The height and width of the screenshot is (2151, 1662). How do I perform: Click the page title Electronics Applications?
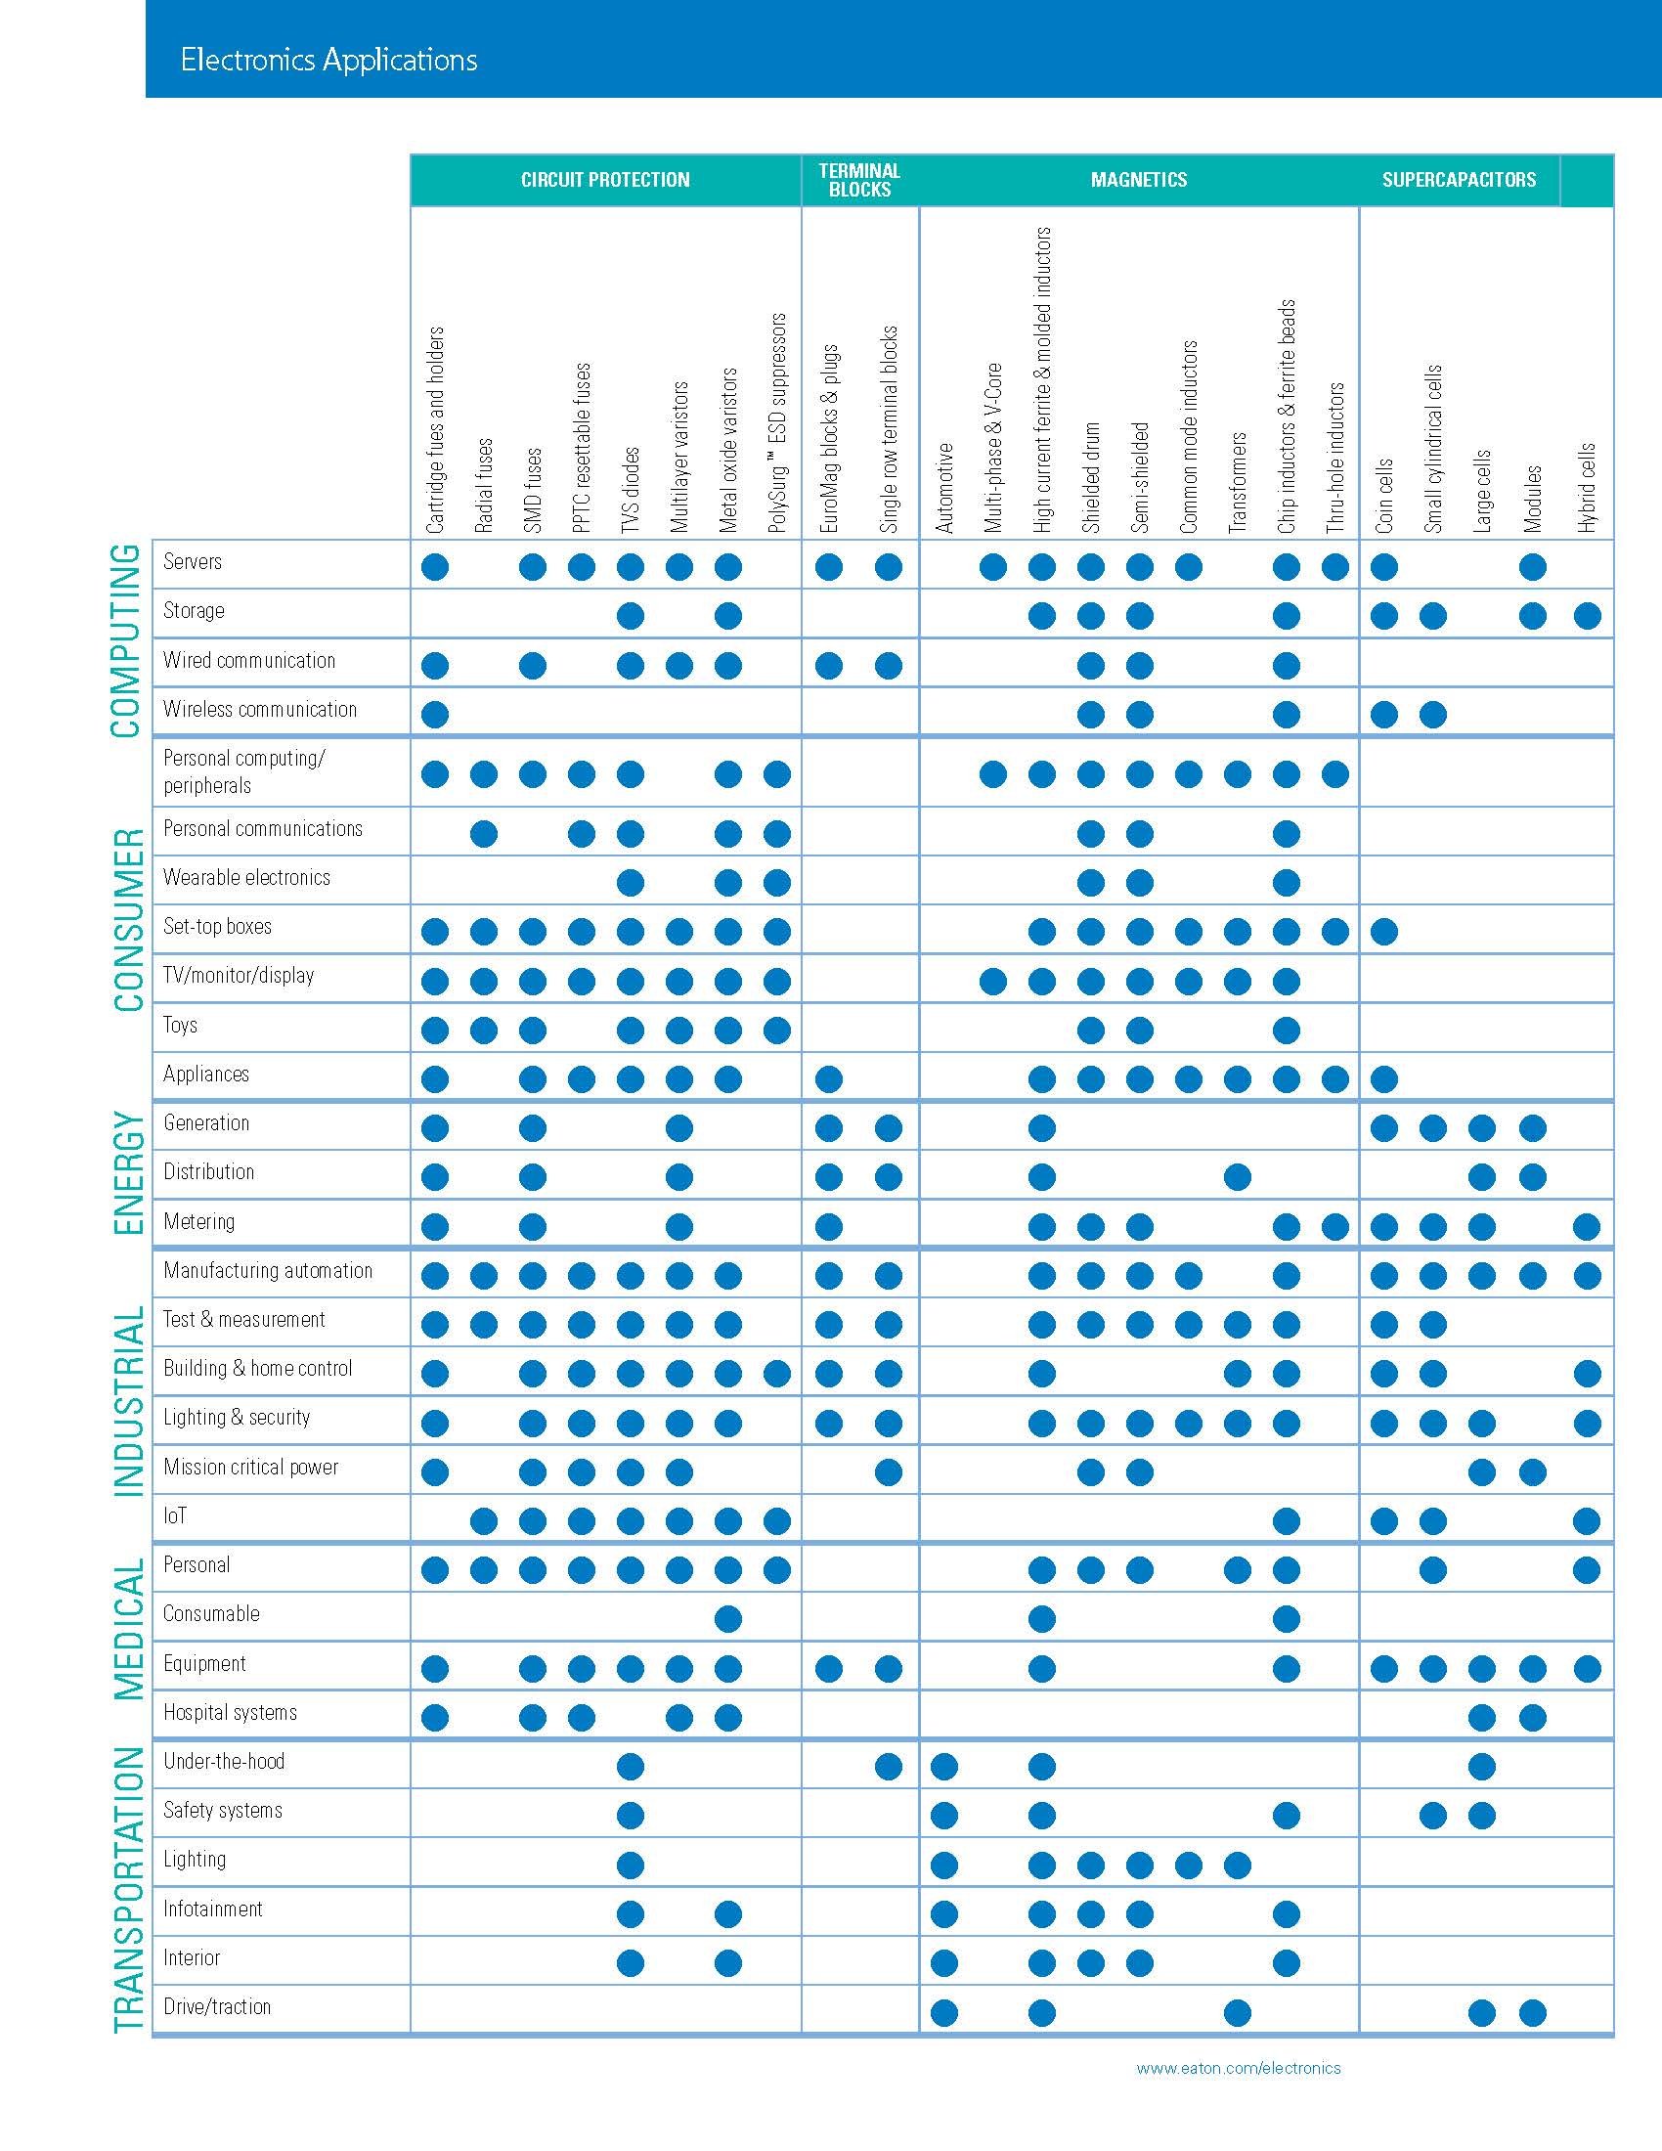328,60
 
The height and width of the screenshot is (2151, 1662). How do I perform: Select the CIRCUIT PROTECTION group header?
604,180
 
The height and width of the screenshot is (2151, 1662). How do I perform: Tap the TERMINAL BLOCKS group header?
859,180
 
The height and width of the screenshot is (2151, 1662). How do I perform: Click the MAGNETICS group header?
1138,180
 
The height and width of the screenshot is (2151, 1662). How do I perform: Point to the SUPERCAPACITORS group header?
1459,180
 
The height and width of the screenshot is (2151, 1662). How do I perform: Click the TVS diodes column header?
632,490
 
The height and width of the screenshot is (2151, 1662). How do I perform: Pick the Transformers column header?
1238,483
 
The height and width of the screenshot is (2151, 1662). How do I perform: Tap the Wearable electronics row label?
247,878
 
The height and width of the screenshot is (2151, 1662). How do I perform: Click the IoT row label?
175,1515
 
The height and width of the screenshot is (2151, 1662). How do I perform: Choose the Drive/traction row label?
217,2006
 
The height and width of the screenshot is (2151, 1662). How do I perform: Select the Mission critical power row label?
251,1467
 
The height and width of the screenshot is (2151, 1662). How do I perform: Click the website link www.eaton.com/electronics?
1238,2068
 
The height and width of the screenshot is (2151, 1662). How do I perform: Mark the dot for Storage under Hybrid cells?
1586,617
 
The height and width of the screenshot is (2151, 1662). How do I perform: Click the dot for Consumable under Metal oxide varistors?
727,1618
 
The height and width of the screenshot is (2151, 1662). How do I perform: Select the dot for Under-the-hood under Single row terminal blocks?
888,1767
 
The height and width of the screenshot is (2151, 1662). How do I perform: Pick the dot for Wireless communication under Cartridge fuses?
434,714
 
